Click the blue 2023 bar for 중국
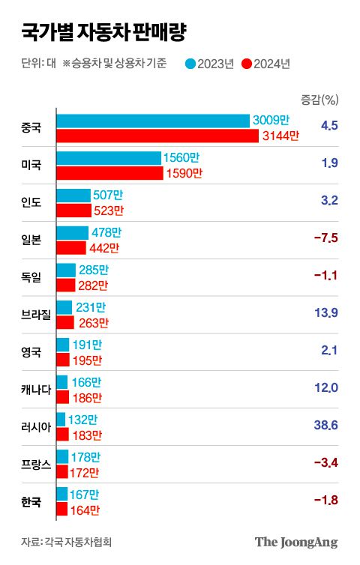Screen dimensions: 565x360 coord(153,121)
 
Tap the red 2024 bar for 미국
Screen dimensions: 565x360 coord(109,173)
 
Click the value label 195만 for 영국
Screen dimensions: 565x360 coord(88,360)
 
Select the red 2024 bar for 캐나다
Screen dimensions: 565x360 coord(63,397)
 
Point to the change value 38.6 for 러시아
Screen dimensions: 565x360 coord(328,426)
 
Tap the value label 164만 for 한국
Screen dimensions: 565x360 coord(85,510)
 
